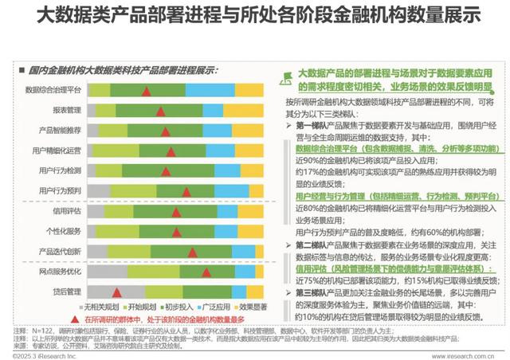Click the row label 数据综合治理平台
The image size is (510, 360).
pyautogui.click(x=52, y=89)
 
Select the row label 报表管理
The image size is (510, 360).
pyautogui.click(x=65, y=109)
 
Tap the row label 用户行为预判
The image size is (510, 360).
pyautogui.click(x=58, y=190)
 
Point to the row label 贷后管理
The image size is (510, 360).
pyautogui.click(x=65, y=291)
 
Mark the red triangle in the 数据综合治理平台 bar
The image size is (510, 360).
pyautogui.click(x=147, y=90)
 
